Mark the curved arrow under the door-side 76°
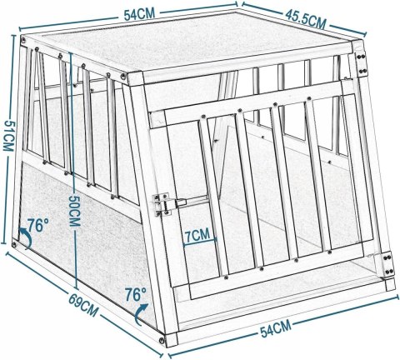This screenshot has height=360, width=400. coord(145,315)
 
